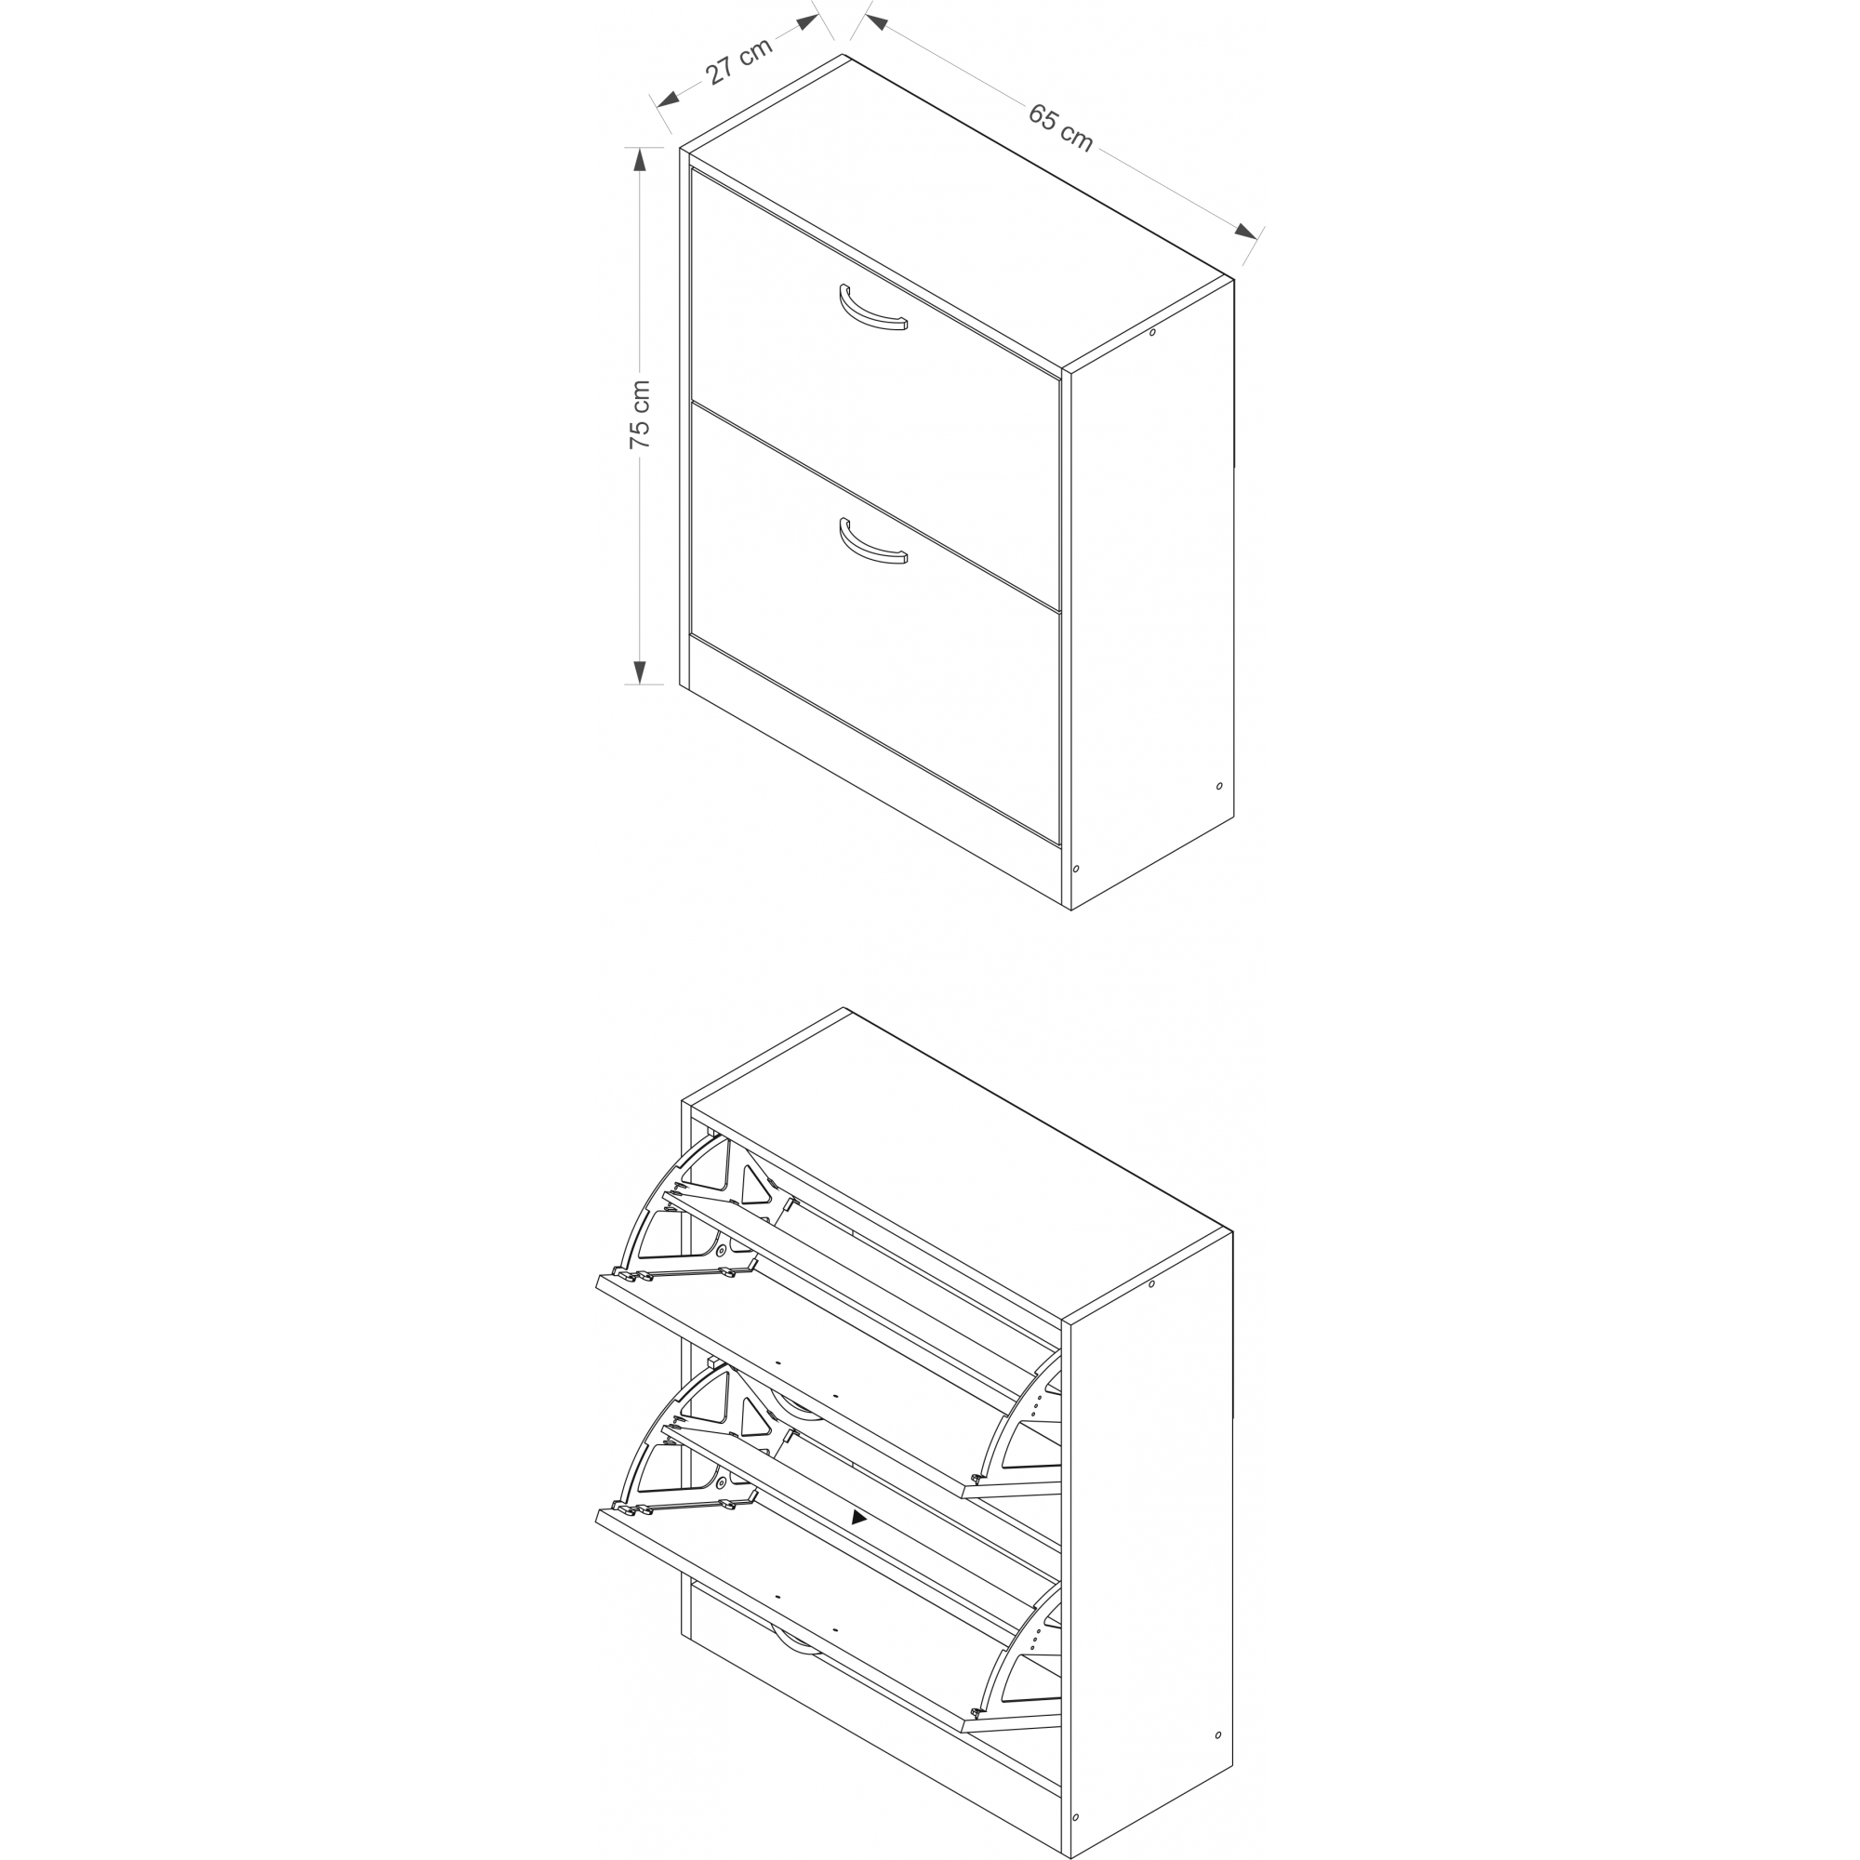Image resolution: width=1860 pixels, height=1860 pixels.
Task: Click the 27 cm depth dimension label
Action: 739,60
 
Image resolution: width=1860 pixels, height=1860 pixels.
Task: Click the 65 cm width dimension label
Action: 1061,127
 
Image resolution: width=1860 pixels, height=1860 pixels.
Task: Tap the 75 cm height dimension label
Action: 640,414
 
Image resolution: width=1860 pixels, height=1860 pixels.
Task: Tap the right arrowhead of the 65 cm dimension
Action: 1246,231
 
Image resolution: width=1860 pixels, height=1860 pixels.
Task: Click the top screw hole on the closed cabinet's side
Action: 1151,333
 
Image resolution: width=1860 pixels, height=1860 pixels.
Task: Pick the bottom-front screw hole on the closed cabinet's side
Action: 1075,869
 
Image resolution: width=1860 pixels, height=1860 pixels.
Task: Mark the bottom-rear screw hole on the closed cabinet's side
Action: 1219,787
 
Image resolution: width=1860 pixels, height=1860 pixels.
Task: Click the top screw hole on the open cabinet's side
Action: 1151,1283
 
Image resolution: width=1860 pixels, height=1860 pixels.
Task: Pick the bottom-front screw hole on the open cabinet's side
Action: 1075,1817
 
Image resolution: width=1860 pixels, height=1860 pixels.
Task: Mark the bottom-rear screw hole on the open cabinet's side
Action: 1218,1734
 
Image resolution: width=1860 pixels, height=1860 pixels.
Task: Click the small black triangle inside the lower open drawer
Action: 858,1517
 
